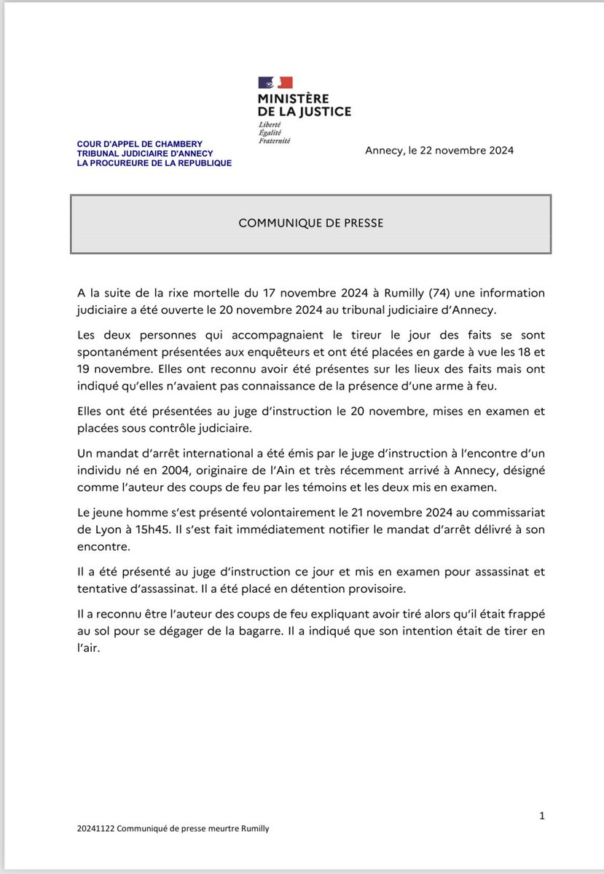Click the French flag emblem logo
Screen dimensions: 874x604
pyautogui.click(x=275, y=83)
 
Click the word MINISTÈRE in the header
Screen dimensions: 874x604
pyautogui.click(x=293, y=98)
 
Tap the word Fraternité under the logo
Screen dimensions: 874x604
pyautogui.click(x=274, y=140)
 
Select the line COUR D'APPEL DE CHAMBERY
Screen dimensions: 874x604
pyautogui.click(x=140, y=144)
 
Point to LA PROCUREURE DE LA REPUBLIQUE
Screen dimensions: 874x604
pyautogui.click(x=154, y=163)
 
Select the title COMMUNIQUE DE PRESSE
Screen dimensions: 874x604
pyautogui.click(x=310, y=223)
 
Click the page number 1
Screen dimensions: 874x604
pyautogui.click(x=541, y=816)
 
